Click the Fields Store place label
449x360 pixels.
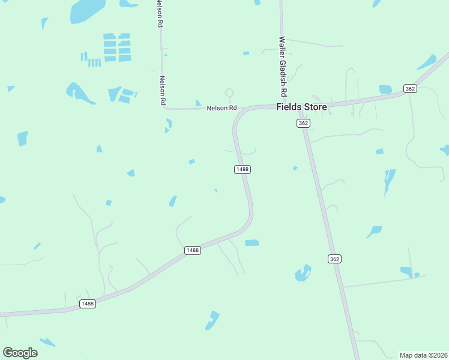tap(301, 107)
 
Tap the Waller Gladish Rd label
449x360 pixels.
tap(283, 67)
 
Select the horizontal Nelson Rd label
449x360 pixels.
tap(221, 108)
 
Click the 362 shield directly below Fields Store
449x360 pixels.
tap(303, 122)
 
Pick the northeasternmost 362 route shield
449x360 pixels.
tap(410, 88)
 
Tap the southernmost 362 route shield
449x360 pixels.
tap(335, 259)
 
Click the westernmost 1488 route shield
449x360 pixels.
tap(88, 304)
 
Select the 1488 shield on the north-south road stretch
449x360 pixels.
tap(242, 169)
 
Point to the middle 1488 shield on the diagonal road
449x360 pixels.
tap(192, 250)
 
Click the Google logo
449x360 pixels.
tap(20, 353)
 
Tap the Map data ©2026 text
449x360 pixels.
tap(423, 355)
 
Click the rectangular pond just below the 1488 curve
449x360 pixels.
tap(252, 242)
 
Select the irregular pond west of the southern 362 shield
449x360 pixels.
tap(303, 274)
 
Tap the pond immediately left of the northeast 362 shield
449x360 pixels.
tap(385, 89)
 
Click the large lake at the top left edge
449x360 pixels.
tap(88, 11)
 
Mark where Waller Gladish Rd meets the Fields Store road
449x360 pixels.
tap(282, 106)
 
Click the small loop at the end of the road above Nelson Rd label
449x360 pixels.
tap(229, 92)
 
